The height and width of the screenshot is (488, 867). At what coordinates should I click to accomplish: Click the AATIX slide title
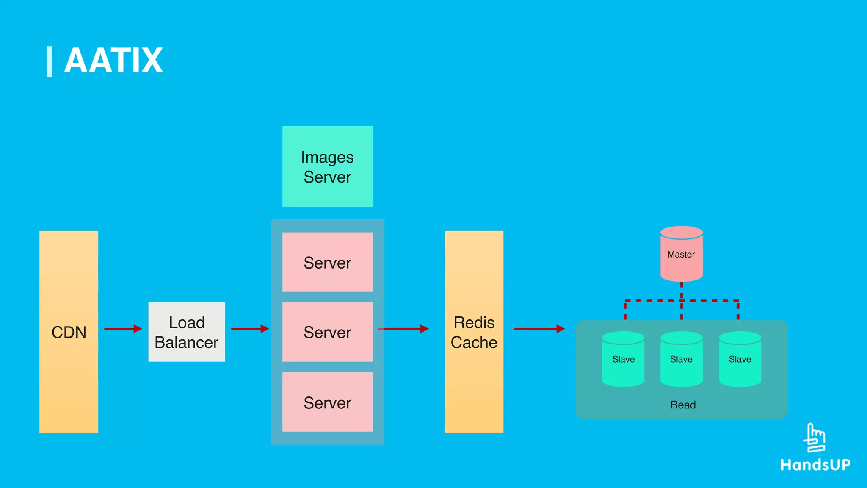pyautogui.click(x=113, y=61)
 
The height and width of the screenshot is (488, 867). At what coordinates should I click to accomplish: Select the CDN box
pyautogui.click(x=69, y=332)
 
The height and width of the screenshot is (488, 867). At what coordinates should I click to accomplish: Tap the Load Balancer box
pyautogui.click(x=187, y=332)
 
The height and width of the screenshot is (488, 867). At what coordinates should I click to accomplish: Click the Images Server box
pyautogui.click(x=327, y=166)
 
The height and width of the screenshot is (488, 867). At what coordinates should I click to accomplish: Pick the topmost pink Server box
pyautogui.click(x=327, y=262)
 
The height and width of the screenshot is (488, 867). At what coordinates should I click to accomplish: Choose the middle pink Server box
pyautogui.click(x=327, y=332)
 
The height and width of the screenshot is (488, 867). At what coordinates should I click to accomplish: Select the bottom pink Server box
pyautogui.click(x=327, y=402)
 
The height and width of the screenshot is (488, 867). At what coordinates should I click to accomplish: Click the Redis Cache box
pyautogui.click(x=474, y=332)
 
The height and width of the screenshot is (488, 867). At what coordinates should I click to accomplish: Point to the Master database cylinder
pyautogui.click(x=681, y=254)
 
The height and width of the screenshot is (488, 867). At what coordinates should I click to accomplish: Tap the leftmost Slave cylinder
pyautogui.click(x=623, y=359)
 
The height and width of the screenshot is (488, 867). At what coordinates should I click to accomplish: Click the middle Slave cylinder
pyautogui.click(x=681, y=359)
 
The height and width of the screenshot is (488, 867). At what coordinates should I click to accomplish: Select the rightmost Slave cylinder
pyautogui.click(x=740, y=359)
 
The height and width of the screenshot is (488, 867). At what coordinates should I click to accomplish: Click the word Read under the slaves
pyautogui.click(x=682, y=405)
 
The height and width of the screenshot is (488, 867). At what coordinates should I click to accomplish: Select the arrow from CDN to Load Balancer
pyautogui.click(x=123, y=329)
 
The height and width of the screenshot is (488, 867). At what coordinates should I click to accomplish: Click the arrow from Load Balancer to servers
pyautogui.click(x=250, y=329)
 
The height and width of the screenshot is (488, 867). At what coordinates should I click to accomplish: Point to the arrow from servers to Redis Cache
pyautogui.click(x=403, y=329)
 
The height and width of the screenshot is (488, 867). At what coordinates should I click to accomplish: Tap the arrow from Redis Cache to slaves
pyautogui.click(x=539, y=329)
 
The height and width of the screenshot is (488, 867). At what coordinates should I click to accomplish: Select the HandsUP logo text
pyautogui.click(x=815, y=465)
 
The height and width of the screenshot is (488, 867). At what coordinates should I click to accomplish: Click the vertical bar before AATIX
pyautogui.click(x=50, y=62)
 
